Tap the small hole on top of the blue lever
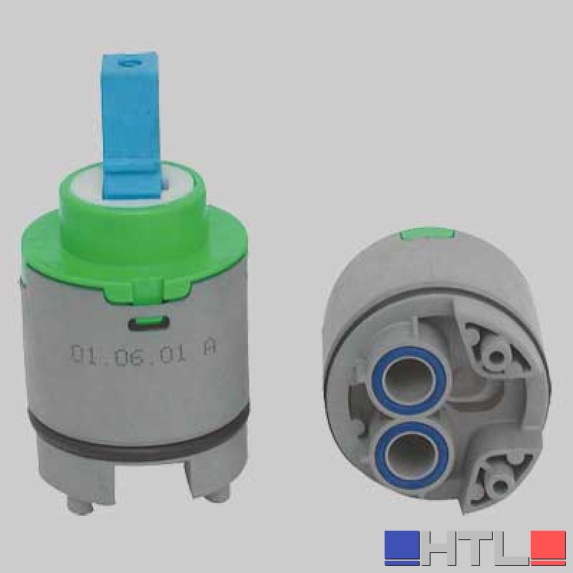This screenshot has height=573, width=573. click(x=129, y=63)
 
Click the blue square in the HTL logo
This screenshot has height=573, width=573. click(x=402, y=548)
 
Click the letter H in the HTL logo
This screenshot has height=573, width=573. click(x=441, y=548)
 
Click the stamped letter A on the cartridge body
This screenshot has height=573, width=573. click(x=209, y=350)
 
